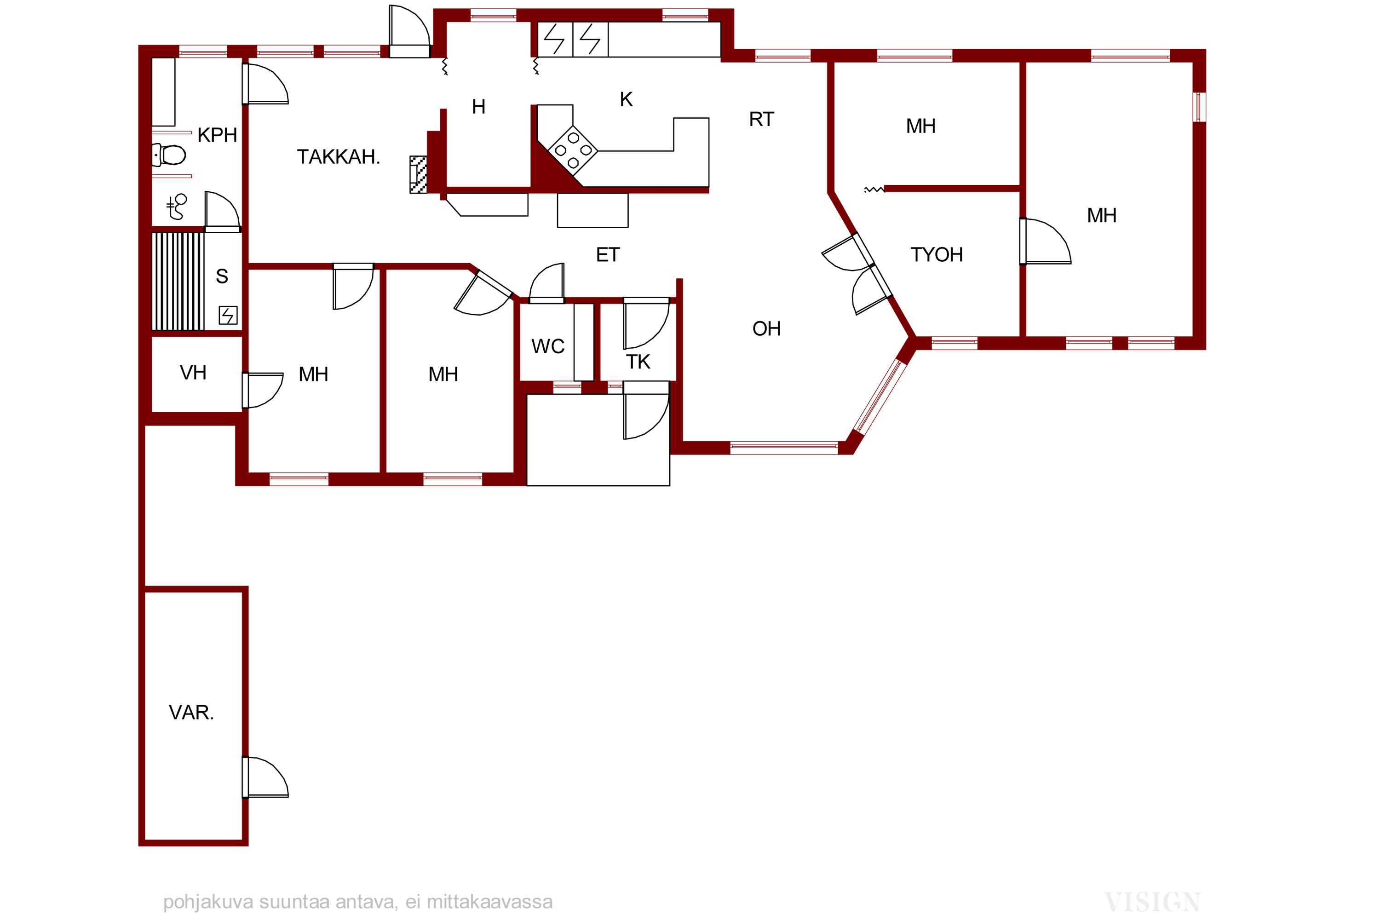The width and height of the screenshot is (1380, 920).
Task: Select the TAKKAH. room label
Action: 339,157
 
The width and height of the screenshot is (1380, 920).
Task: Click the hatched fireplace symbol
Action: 418,174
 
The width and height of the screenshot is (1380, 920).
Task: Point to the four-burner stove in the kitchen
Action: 573,150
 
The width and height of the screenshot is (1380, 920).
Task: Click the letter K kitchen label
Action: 626,99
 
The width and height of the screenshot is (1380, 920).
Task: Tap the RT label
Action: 762,119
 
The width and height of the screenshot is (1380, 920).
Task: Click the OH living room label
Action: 766,328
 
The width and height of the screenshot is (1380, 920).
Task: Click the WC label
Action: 548,346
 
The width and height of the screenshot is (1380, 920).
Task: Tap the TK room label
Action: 638,362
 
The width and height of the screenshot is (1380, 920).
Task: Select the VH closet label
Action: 193,372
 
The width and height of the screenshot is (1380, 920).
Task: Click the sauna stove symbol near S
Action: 228,315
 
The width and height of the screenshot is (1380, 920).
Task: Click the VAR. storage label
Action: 191,712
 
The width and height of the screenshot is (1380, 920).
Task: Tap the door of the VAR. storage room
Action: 265,777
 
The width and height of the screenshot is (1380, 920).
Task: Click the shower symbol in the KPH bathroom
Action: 177,206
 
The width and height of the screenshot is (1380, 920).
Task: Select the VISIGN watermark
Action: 1152,901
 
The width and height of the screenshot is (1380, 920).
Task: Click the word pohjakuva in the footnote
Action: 208,902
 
